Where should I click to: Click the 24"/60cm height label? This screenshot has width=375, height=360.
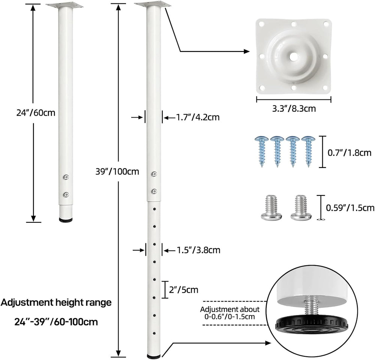coord(36,112)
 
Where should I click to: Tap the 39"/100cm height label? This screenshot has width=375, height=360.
coord(117,171)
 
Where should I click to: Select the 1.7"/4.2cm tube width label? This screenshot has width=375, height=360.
coord(198,117)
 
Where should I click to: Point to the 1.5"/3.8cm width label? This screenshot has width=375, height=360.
coord(198,250)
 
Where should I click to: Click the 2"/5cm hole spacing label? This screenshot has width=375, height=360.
coord(184,289)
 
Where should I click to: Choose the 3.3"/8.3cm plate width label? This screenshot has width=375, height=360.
coord(294,109)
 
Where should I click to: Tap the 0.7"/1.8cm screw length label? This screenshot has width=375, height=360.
coord(349,153)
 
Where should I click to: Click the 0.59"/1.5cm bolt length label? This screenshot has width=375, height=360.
coord(350,208)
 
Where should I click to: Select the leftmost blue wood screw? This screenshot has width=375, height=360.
coord(262,151)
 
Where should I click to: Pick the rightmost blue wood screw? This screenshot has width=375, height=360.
coord(308,151)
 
